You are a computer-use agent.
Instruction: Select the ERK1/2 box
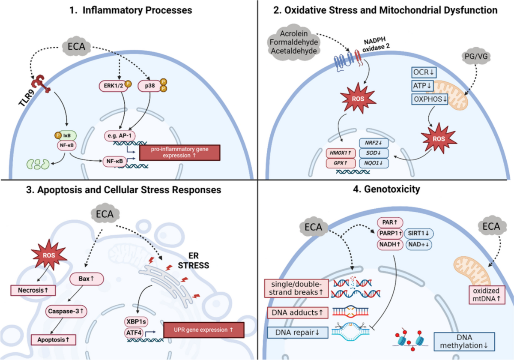tap(114, 86)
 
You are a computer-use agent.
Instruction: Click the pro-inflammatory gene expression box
tap(179, 153)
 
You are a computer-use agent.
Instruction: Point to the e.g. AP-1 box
tap(120, 136)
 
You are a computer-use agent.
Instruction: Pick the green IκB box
tap(66, 136)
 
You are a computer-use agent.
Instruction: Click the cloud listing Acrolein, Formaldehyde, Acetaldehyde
tap(294, 42)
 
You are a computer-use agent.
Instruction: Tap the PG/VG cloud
tap(476, 56)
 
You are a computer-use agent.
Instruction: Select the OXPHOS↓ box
tap(430, 99)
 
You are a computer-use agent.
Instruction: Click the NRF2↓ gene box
tap(374, 143)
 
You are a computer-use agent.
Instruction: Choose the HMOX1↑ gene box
tap(341, 153)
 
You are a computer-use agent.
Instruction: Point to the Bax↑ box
tap(87, 279)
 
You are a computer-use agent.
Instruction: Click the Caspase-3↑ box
tap(66, 311)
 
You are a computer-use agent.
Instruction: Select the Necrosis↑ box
tap(33, 291)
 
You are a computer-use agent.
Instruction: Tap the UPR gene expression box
tap(203, 330)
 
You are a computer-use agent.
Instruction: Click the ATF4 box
tap(134, 333)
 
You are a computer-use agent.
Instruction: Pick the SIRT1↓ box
tap(418, 234)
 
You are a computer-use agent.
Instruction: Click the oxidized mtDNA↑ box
tap(486, 295)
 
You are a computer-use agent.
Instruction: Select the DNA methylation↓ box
tap(464, 342)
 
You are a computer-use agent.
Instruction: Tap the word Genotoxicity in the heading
tap(392, 189)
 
